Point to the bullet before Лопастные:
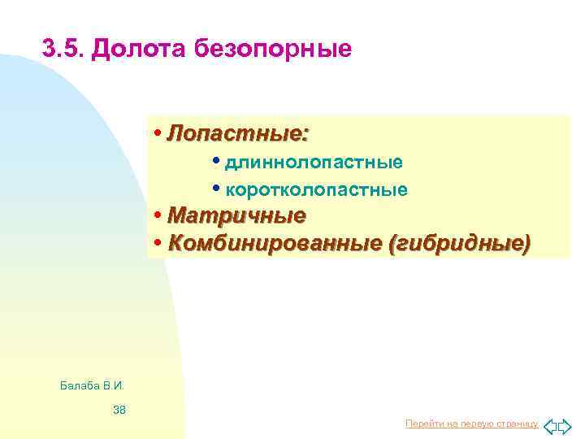pyautogui.click(x=157, y=133)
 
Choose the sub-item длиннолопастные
pyautogui.click(x=314, y=162)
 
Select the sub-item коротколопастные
pyautogui.click(x=316, y=189)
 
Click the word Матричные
pyautogui.click(x=236, y=216)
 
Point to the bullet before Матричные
pyautogui.click(x=157, y=216)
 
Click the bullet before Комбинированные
pyautogui.click(x=157, y=243)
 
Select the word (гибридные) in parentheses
pyautogui.click(x=460, y=243)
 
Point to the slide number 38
pyautogui.click(x=119, y=409)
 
